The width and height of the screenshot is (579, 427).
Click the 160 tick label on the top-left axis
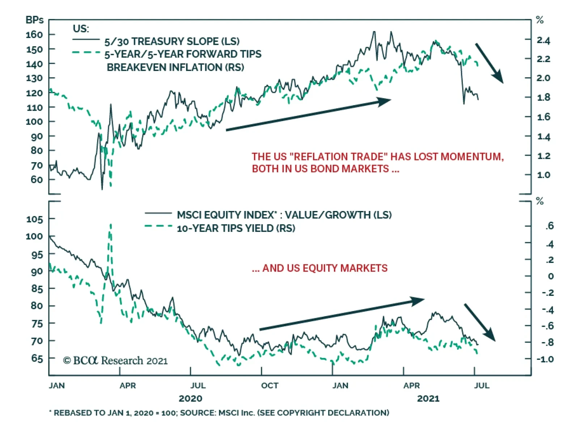34,35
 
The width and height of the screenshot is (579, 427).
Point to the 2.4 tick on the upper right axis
543,40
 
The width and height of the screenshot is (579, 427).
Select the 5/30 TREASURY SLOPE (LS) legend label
172,41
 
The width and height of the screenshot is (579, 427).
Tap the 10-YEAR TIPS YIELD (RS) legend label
236,228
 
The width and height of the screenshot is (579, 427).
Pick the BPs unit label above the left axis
34,20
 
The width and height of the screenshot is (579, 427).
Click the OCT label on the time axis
270,385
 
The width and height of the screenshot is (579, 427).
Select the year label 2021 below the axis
428,398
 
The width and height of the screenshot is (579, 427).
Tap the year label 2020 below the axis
190,398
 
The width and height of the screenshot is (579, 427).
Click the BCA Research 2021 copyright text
115,361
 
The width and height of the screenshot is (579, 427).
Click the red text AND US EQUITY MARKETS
325,268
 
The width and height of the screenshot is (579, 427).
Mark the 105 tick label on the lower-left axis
35,219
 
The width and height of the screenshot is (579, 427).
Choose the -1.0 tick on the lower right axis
545,359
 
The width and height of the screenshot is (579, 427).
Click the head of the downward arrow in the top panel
499,78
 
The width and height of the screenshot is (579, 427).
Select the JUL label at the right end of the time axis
482,385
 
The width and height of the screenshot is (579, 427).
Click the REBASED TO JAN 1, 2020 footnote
219,413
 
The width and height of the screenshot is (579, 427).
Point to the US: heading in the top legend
81,29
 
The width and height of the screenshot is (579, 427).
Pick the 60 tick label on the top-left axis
37,180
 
